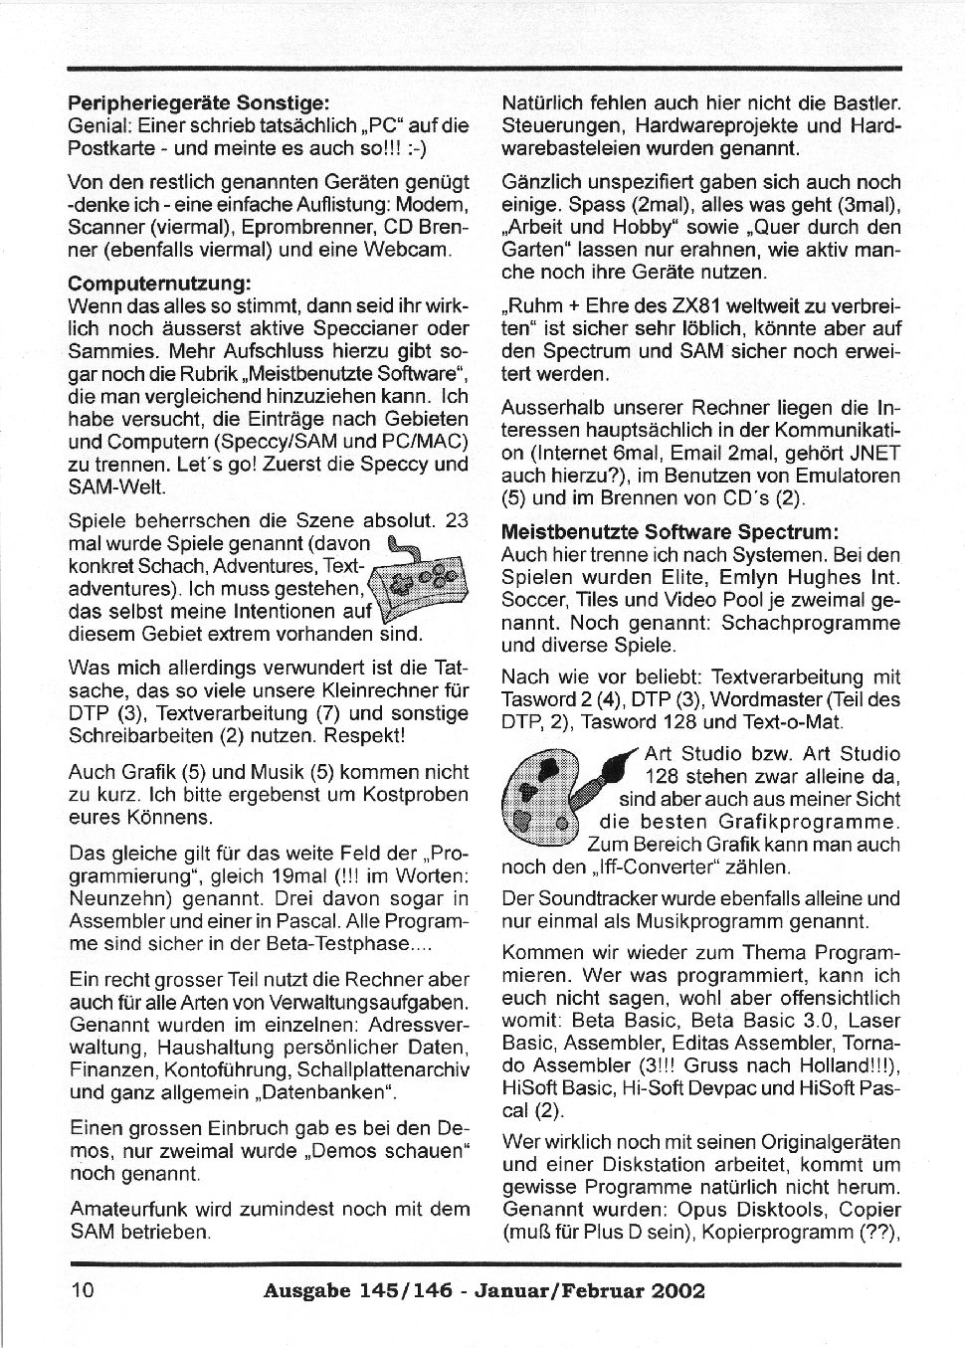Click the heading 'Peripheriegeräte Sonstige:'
[198, 102]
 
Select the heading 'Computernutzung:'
[158, 285]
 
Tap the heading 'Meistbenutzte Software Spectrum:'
[670, 531]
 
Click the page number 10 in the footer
[83, 1290]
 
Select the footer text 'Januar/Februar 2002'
[589, 1291]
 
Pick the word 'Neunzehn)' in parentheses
[119, 897]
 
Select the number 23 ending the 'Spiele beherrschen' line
[456, 520]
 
